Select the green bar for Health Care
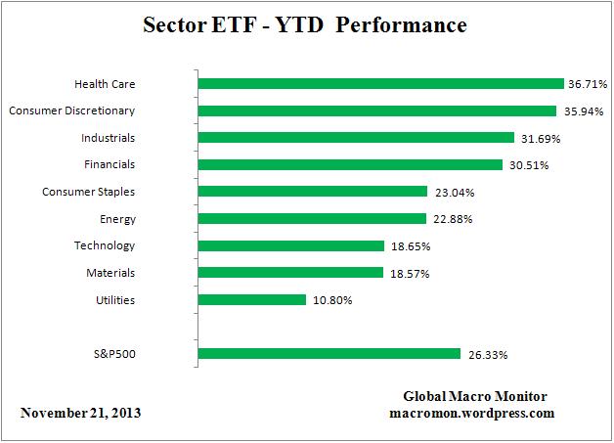(380, 84)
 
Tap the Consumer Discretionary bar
(376, 111)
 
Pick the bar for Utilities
(252, 300)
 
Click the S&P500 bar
(329, 354)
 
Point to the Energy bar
(312, 218)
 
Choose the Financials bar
(350, 164)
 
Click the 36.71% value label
(589, 84)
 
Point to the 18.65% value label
(409, 245)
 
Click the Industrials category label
(109, 138)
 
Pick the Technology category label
(105, 245)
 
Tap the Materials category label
(110, 273)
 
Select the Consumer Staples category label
(89, 192)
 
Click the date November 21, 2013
(80, 413)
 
